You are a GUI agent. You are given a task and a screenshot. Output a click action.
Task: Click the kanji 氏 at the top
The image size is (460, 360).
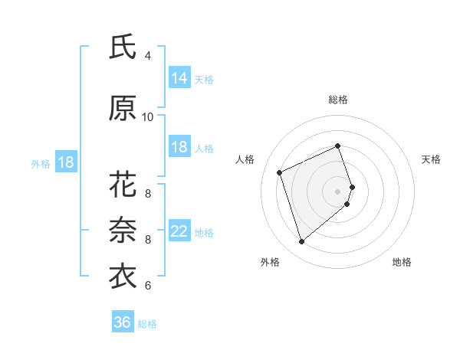point(123,47)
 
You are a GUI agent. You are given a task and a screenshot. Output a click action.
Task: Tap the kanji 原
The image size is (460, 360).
point(123,109)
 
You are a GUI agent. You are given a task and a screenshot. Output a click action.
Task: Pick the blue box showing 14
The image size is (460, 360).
point(179,78)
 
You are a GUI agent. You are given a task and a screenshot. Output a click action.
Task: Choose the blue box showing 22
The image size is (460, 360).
point(179,231)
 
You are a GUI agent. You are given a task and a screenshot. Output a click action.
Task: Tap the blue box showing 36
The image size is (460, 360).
point(123,322)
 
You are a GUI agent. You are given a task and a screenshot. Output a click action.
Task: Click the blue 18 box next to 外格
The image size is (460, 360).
point(66,162)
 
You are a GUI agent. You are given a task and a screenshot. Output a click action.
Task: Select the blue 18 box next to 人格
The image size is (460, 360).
point(179,147)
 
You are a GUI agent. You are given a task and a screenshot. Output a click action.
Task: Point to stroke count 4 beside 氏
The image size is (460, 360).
point(148,56)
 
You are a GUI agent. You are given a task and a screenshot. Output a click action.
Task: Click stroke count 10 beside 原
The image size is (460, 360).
point(148,117)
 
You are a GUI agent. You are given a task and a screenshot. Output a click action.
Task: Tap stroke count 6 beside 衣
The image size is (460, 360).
point(148,286)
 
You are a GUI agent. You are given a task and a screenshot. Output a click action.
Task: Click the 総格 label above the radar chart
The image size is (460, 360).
point(338,100)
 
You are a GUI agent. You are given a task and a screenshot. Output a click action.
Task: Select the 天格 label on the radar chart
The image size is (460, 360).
point(431,159)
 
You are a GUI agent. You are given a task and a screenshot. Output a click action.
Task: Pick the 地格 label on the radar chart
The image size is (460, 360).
point(402,263)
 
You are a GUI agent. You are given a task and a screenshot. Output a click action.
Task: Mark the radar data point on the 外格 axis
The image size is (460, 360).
point(302,242)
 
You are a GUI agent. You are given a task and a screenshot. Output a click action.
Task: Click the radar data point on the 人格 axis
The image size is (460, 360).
point(281,172)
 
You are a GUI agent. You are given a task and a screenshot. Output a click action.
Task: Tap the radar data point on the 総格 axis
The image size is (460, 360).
point(338,146)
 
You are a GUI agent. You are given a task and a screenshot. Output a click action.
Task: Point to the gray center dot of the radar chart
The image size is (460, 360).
point(338,191)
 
